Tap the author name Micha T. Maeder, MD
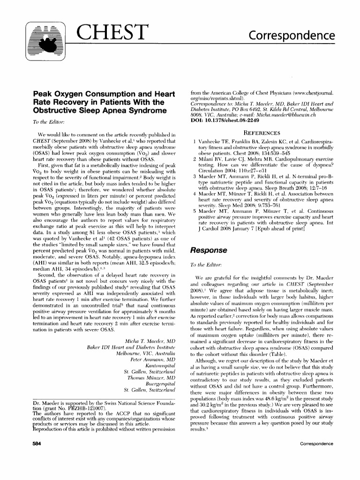148,340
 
